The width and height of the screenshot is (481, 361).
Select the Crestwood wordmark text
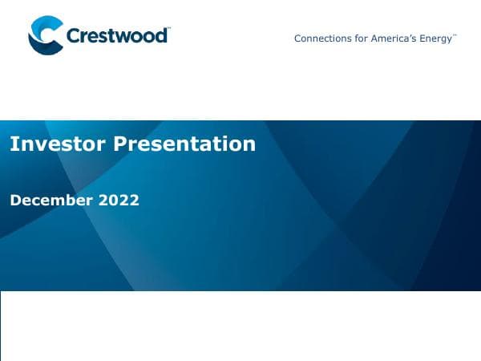pos(116,36)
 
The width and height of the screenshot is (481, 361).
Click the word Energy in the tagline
pos(437,39)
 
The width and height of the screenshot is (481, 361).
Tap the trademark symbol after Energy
pos(455,35)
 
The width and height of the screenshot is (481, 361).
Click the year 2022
pos(119,200)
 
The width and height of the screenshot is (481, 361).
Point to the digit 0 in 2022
pos(114,200)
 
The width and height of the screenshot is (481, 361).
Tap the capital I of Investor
pos(13,144)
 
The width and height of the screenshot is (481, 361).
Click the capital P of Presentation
pos(119,144)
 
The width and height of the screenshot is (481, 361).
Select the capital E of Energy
pos(425,39)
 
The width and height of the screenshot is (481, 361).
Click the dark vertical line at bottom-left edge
pos(1,326)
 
